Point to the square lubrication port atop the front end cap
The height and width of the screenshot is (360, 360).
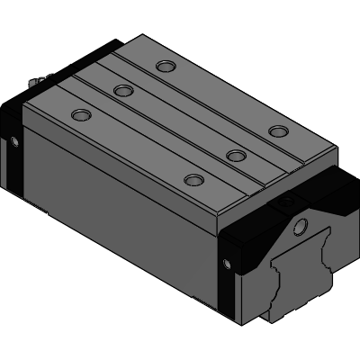[x=289, y=203]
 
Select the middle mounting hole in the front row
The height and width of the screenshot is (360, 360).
[x=236, y=155]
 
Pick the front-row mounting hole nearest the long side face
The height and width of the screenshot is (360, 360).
[x=191, y=179]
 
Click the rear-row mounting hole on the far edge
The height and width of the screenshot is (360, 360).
[x=164, y=65]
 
